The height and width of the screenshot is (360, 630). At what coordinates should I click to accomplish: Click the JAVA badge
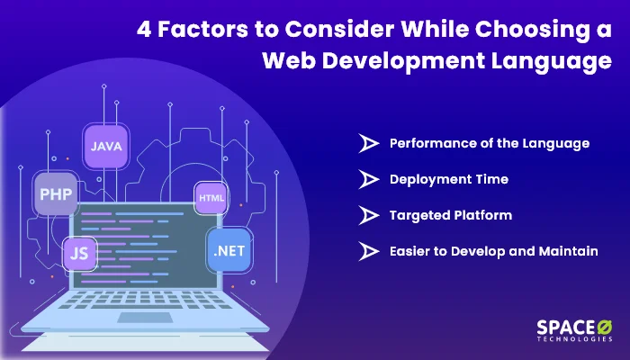(x=107, y=144)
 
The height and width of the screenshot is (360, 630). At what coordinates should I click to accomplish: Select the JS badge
(x=78, y=253)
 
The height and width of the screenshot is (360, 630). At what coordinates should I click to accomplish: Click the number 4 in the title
(x=144, y=28)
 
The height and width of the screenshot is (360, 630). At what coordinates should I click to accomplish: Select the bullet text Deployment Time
(x=448, y=179)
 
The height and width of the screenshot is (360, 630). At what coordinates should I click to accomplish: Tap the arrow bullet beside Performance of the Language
(x=368, y=143)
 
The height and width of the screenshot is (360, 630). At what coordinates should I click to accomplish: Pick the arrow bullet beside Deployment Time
(x=368, y=179)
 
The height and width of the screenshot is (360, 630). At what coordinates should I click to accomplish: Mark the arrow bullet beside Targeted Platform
(x=368, y=215)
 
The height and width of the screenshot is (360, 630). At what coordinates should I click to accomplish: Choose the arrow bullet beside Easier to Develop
(x=368, y=251)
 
